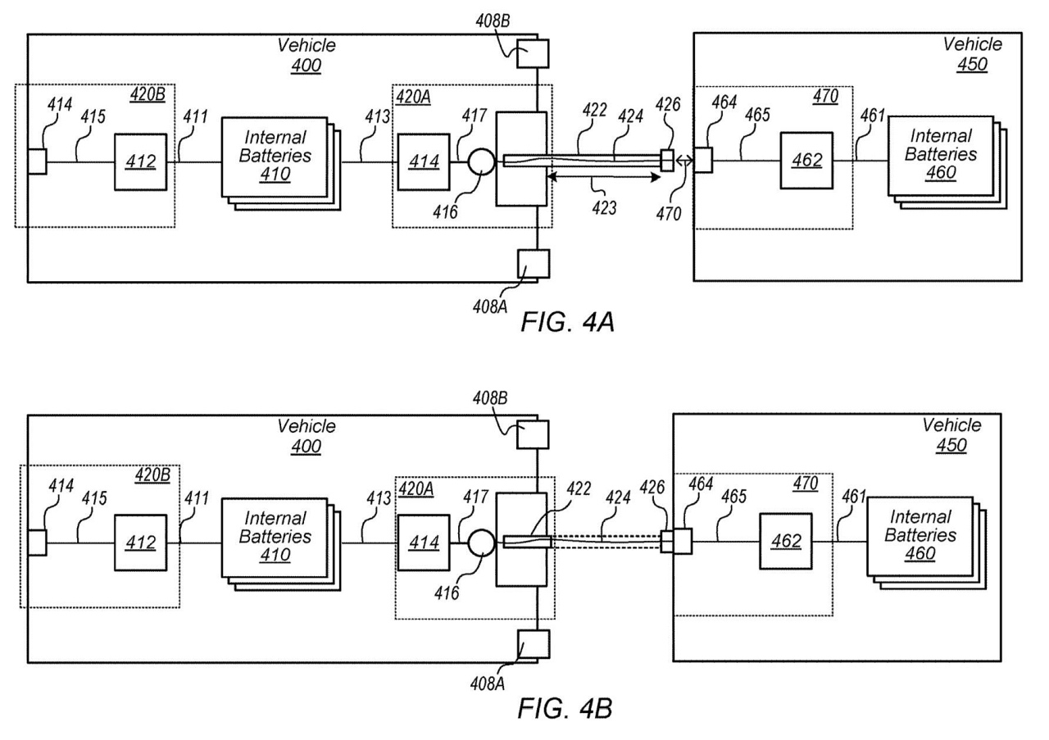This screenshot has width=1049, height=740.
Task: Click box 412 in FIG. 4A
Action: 140,162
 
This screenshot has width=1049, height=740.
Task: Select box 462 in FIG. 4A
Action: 806,161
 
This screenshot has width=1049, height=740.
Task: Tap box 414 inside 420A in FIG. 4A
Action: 424,162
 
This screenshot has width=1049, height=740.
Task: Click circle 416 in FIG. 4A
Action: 481,162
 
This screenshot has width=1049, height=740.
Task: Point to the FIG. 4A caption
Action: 567,322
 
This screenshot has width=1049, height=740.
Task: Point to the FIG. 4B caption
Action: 565,709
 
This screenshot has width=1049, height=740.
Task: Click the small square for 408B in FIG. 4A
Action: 533,53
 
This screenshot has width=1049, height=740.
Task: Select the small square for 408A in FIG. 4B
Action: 534,644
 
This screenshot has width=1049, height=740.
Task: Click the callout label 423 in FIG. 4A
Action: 604,207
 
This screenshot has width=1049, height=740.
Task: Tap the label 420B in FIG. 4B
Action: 152,475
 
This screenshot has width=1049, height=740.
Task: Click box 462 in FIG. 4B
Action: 786,542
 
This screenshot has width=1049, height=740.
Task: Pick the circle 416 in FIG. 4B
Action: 481,543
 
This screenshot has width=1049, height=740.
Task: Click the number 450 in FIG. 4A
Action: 972,64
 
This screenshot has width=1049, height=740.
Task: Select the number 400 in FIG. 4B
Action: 307,446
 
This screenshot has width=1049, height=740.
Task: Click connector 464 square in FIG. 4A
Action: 703,160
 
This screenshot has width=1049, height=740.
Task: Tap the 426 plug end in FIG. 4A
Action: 667,160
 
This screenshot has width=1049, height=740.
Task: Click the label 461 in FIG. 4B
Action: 854,496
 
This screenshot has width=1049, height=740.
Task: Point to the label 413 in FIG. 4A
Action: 378,116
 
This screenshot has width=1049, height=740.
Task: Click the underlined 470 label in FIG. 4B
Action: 806,483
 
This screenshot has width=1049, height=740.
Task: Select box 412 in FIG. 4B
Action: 140,543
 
